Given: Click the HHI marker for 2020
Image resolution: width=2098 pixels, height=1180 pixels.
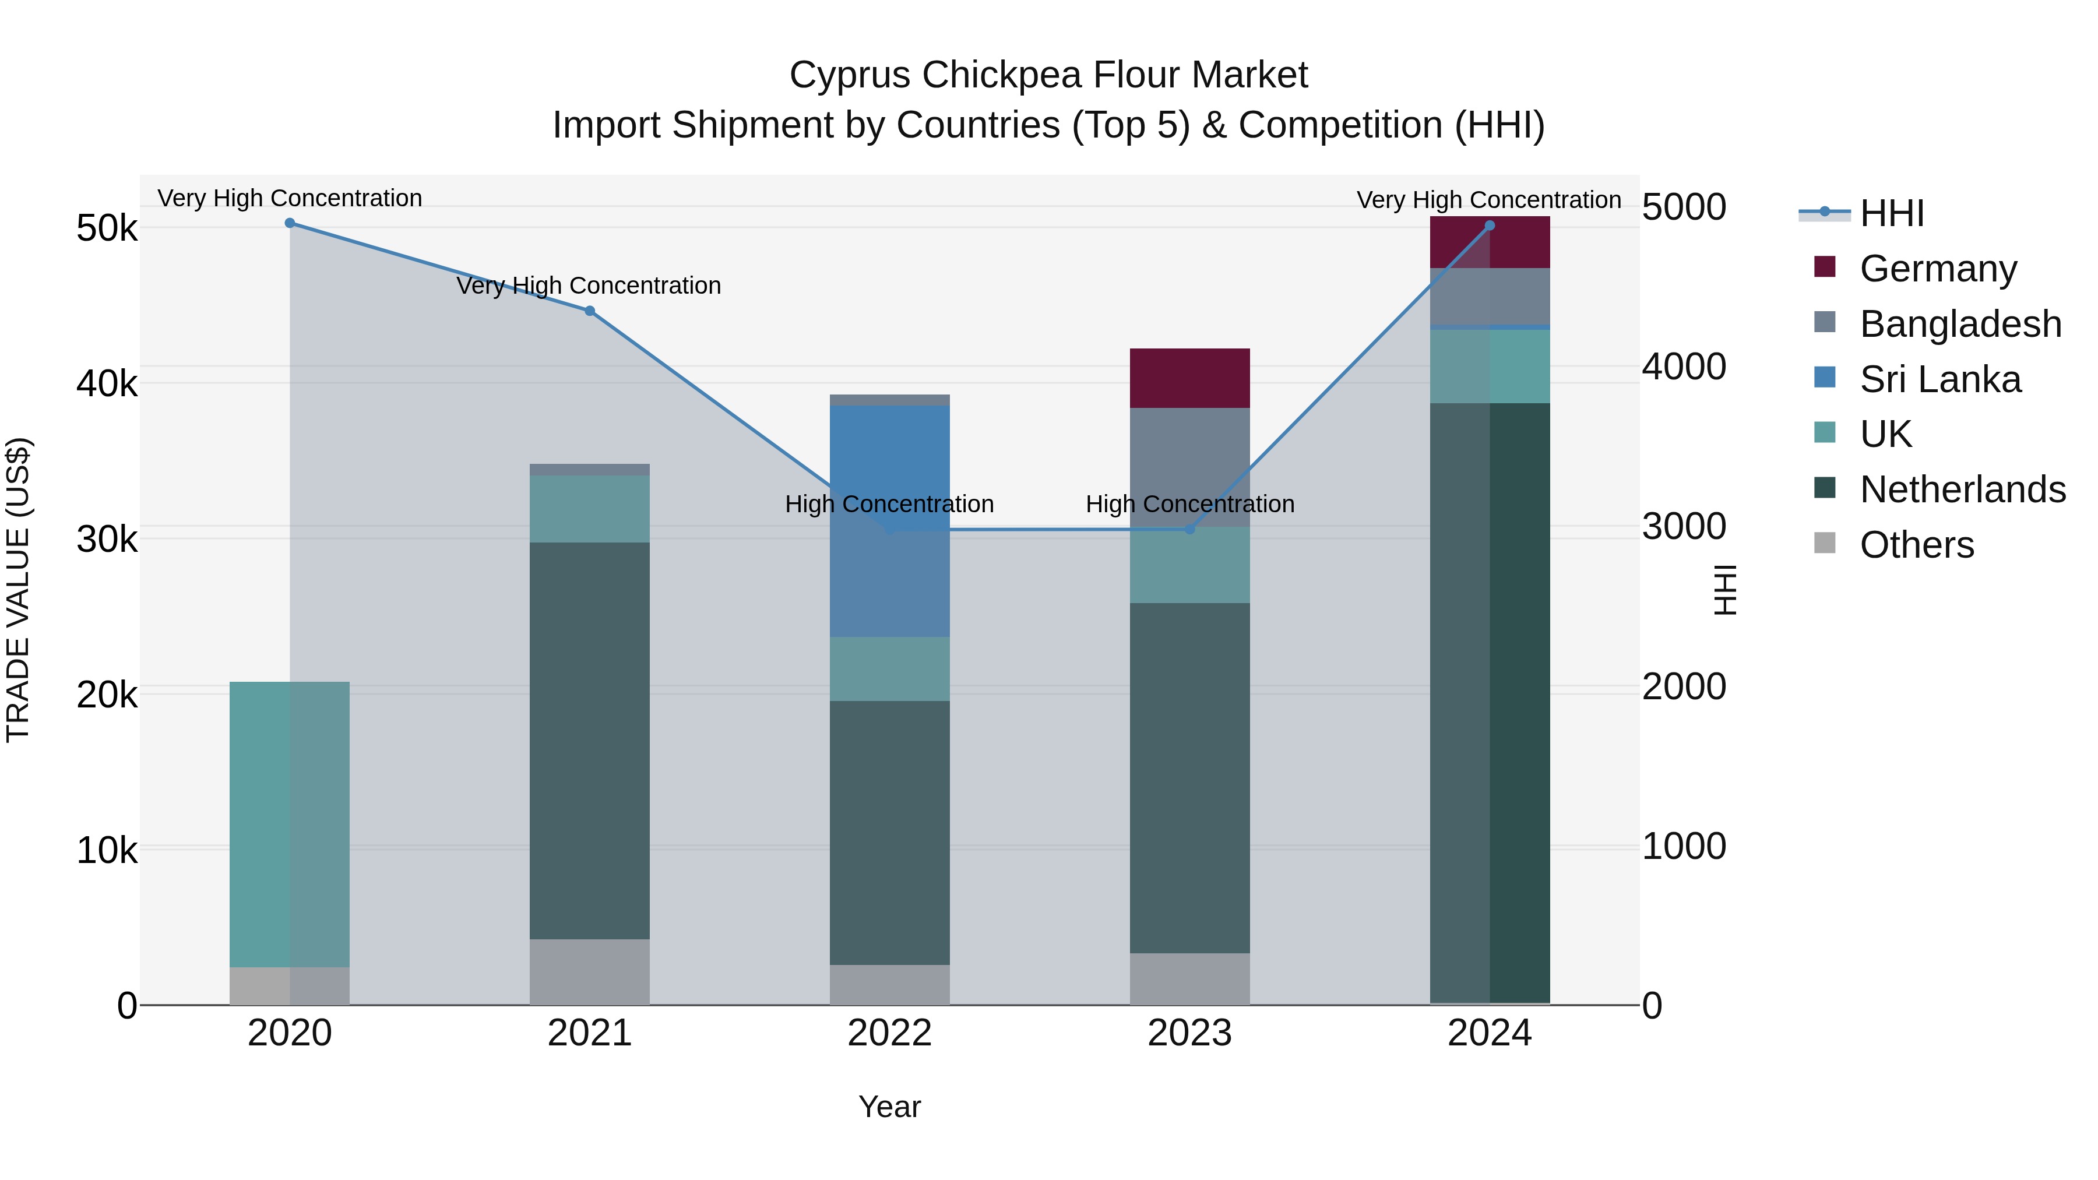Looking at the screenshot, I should (290, 223).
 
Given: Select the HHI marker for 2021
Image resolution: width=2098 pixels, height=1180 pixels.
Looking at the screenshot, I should (590, 311).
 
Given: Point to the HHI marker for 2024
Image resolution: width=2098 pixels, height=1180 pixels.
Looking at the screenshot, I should (1490, 226).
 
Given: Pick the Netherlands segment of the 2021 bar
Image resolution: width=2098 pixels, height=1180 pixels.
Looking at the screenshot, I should (590, 741).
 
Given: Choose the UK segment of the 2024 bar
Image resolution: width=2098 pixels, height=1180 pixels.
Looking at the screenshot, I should (1490, 367).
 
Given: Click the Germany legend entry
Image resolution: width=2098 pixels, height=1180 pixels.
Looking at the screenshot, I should (1938, 268).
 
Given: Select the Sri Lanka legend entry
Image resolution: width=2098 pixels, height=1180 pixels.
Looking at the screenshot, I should (1940, 379).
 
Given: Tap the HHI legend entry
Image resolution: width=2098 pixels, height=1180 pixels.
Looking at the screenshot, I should (1891, 213).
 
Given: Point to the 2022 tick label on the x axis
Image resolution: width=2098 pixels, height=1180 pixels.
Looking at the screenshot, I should (889, 1033).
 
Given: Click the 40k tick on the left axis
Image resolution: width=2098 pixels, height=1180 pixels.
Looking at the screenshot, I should (107, 383).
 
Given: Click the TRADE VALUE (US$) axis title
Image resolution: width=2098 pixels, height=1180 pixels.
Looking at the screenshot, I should (19, 590).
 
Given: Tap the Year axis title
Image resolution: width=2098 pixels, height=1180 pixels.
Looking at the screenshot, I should (889, 1107).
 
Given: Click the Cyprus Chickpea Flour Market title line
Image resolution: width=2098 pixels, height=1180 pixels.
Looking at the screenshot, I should (1048, 75).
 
